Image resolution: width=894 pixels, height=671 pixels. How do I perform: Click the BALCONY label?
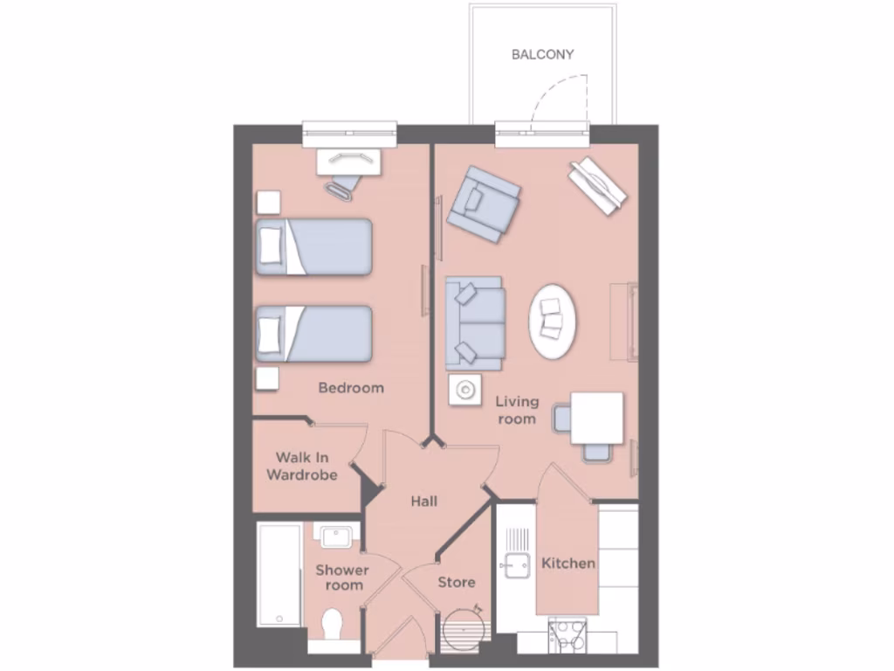pyautogui.click(x=542, y=54)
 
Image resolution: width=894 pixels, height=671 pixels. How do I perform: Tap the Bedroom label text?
pyautogui.click(x=350, y=388)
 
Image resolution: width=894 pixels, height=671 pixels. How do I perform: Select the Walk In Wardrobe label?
pyautogui.click(x=301, y=466)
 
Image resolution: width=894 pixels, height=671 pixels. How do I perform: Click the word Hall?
pyautogui.click(x=423, y=502)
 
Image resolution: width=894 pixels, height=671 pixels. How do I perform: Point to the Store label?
pyautogui.click(x=456, y=582)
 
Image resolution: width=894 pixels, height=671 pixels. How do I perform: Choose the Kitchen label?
pyautogui.click(x=568, y=564)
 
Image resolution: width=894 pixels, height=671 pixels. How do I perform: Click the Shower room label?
pyautogui.click(x=342, y=578)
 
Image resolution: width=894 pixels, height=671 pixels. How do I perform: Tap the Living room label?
pyautogui.click(x=517, y=410)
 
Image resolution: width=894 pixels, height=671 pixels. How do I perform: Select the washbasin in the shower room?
pyautogui.click(x=333, y=536)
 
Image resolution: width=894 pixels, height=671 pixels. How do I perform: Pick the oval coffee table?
pyautogui.click(x=553, y=320)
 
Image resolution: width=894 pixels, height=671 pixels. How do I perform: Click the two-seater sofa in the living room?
pyautogui.click(x=474, y=323)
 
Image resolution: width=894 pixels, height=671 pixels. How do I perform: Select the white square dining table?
pyautogui.click(x=597, y=418)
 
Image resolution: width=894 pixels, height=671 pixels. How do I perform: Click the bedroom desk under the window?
pyautogui.click(x=348, y=162)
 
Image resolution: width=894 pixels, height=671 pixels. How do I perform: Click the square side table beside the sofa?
pyautogui.click(x=464, y=390)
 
